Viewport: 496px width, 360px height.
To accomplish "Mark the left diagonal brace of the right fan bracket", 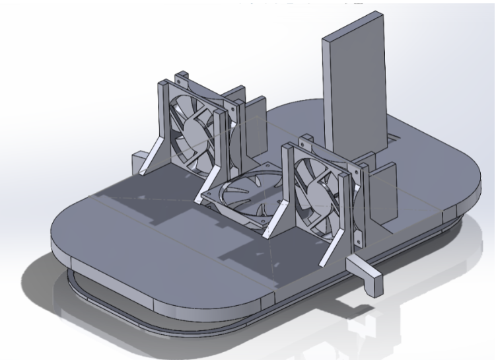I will [273, 225].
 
